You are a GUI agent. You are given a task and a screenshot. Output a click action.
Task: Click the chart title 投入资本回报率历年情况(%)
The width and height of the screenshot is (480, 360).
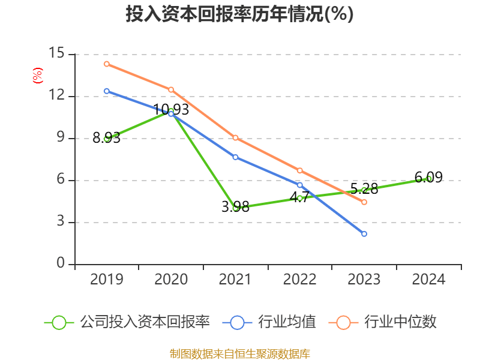(239, 14)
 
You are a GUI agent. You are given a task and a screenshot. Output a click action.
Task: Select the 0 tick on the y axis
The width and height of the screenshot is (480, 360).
(61, 264)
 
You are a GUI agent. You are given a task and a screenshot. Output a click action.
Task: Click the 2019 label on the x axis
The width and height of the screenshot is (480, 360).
(106, 280)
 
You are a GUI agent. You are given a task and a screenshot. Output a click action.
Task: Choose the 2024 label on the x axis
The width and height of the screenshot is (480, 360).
(428, 280)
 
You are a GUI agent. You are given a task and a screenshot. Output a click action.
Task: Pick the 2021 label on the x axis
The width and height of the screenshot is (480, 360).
(235, 280)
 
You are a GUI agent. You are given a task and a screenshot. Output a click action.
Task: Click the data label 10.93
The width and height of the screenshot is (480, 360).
(171, 109)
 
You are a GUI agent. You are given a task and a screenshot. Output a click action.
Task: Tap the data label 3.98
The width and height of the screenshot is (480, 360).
(235, 207)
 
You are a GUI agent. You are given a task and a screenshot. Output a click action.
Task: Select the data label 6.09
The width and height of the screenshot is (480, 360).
(428, 178)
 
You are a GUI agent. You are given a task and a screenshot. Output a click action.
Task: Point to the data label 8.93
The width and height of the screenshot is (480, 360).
(106, 138)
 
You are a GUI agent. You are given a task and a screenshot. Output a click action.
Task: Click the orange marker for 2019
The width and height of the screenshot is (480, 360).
(106, 64)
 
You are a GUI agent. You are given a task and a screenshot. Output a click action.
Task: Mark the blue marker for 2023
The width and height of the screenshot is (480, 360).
(364, 233)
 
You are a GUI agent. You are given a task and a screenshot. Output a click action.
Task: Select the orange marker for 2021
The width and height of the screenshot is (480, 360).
(235, 137)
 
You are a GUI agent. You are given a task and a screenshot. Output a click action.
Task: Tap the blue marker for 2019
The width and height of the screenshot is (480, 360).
(106, 91)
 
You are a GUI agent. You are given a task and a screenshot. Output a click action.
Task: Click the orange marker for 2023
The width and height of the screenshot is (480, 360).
(364, 202)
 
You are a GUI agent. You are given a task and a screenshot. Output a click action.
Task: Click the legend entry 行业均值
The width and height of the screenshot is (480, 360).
(269, 322)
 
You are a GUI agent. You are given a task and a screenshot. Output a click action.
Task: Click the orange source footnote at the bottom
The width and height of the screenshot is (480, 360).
(239, 353)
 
